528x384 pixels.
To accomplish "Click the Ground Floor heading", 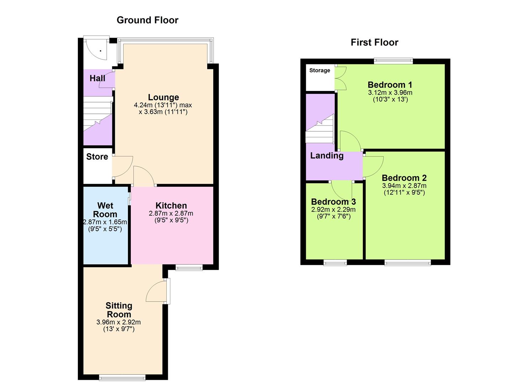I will pyautogui.click(x=147, y=20).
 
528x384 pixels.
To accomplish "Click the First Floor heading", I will pyautogui.click(x=374, y=42).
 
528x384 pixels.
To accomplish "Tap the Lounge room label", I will pyautogui.click(x=163, y=97).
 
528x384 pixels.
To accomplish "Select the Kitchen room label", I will pyautogui.click(x=171, y=206).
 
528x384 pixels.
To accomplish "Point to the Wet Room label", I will pyautogui.click(x=105, y=210).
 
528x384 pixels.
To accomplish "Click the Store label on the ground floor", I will pyautogui.click(x=97, y=157).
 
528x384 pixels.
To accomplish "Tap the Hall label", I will pyautogui.click(x=97, y=78).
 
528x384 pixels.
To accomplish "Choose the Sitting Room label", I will pyautogui.click(x=119, y=310).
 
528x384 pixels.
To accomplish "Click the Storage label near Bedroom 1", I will pyautogui.click(x=319, y=70).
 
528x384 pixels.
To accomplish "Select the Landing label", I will pyautogui.click(x=327, y=156).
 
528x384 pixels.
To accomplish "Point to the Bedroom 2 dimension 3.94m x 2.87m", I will pyautogui.click(x=404, y=186).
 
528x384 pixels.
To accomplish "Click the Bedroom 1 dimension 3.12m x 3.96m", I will pyautogui.click(x=390, y=92).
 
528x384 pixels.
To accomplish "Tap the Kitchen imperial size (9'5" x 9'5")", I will pyautogui.click(x=171, y=220).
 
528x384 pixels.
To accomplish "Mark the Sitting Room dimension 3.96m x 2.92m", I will pyautogui.click(x=118, y=322).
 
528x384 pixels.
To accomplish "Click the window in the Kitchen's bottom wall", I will pyautogui.click(x=189, y=268).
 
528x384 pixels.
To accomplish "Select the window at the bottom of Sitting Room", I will pyautogui.click(x=122, y=377).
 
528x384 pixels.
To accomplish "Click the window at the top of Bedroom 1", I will pyautogui.click(x=393, y=61).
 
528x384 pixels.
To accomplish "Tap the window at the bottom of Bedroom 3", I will pyautogui.click(x=335, y=263).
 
